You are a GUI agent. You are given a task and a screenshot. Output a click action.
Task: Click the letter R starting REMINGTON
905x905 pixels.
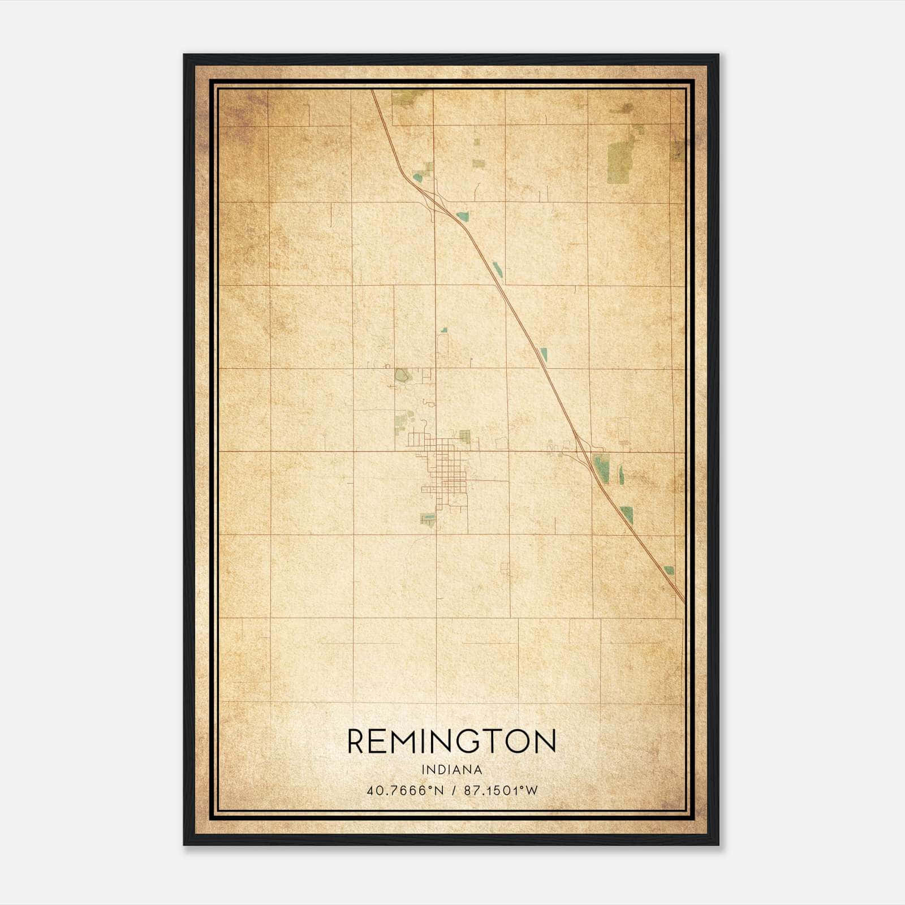358,742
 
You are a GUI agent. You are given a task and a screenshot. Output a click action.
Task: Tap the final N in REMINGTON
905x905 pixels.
545,742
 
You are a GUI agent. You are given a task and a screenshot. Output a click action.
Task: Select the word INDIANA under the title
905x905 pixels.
451,770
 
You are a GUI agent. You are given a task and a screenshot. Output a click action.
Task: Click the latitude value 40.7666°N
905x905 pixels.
405,791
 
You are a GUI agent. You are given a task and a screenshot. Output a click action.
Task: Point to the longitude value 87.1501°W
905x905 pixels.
501,791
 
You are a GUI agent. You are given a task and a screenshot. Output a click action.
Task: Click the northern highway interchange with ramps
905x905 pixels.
436,201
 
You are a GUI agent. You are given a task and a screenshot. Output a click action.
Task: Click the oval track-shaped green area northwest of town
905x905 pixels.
402,374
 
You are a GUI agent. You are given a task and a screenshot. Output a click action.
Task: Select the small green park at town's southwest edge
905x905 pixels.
428,518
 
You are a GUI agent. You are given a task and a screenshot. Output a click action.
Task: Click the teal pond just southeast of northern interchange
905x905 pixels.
463,216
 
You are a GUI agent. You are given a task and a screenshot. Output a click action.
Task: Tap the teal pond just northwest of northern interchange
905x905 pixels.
417,178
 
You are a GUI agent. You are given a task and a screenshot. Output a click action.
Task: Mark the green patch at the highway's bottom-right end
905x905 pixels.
669,570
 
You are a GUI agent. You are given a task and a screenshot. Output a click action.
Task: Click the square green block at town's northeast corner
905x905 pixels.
465,436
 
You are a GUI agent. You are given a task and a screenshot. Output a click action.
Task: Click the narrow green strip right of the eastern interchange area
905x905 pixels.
621,475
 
